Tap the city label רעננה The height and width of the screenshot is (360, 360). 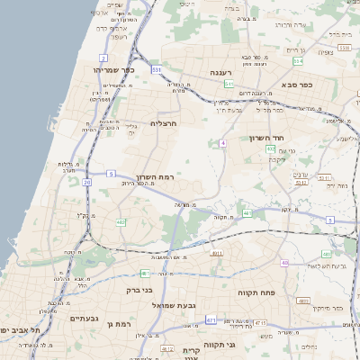point(223,72)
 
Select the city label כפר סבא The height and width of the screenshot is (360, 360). point(296,85)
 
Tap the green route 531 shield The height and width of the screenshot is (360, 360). point(157,68)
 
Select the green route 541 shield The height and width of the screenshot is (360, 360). point(229,84)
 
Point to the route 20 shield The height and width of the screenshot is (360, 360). point(87,183)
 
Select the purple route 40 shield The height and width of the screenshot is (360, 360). point(284,263)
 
